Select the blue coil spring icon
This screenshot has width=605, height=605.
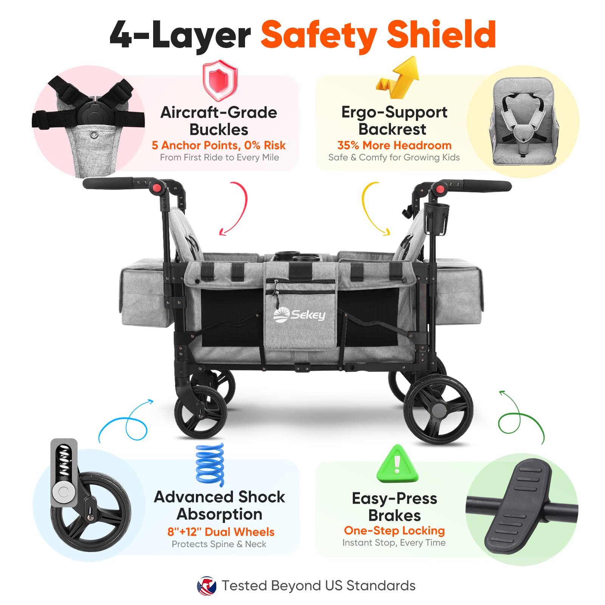pos(210,464)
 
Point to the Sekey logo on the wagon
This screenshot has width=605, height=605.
pos(299,315)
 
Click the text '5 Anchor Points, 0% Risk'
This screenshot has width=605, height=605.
pos(219,145)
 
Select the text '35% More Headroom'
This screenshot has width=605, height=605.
pos(394,145)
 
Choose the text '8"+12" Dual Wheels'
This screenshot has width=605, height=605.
pos(221,532)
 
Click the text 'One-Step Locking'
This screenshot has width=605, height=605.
pos(394,531)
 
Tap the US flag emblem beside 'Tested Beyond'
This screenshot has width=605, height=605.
pos(206,586)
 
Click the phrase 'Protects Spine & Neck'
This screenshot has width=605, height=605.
pos(219,544)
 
